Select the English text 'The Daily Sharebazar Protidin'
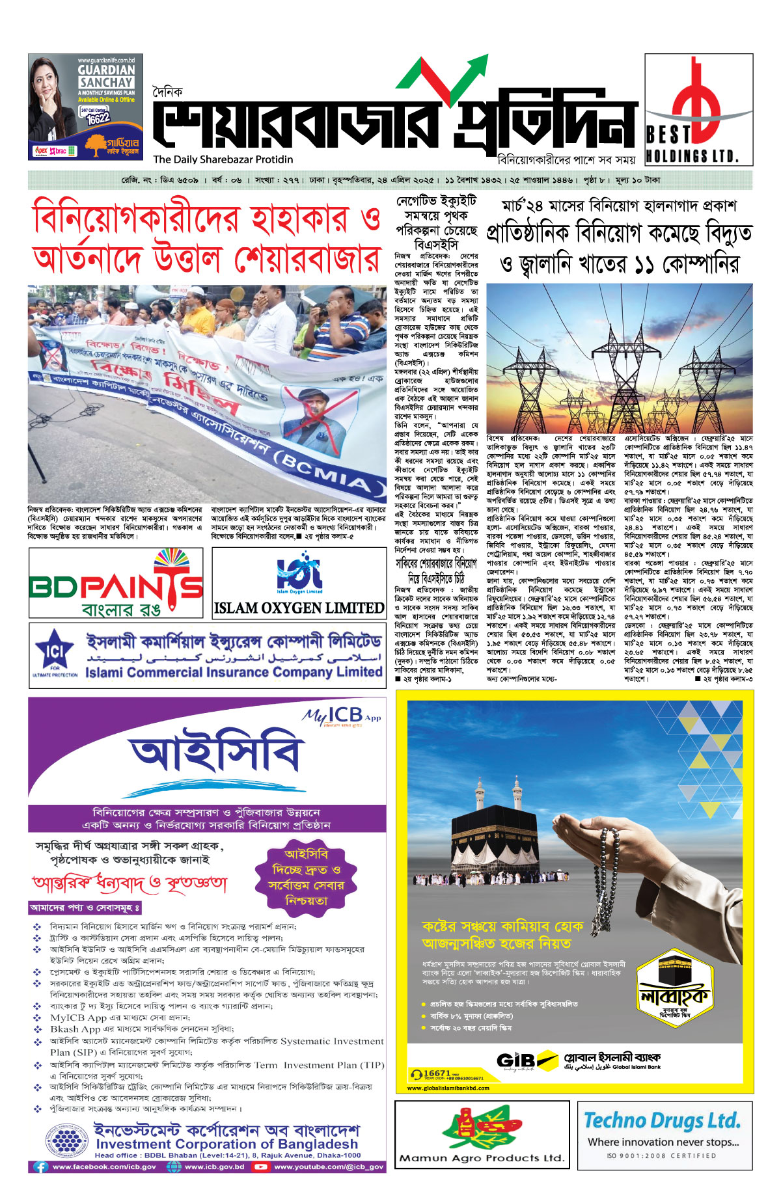(x=223, y=159)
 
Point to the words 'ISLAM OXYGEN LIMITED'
(x=299, y=608)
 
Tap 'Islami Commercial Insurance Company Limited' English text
(x=234, y=672)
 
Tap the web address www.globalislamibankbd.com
(x=448, y=1088)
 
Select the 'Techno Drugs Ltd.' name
(x=662, y=1120)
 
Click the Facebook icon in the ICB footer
(x=40, y=1166)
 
